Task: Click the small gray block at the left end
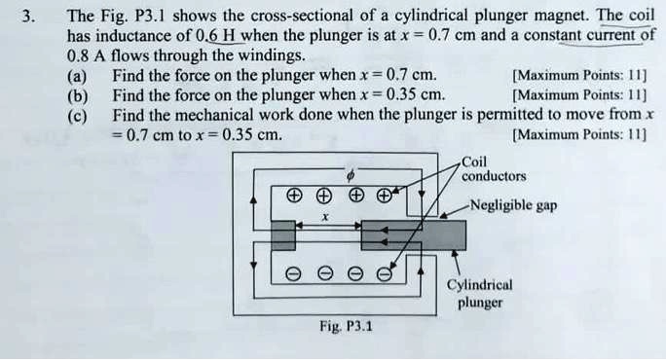(x=282, y=234)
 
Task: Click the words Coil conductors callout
(x=494, y=170)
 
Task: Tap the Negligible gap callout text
(x=513, y=205)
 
